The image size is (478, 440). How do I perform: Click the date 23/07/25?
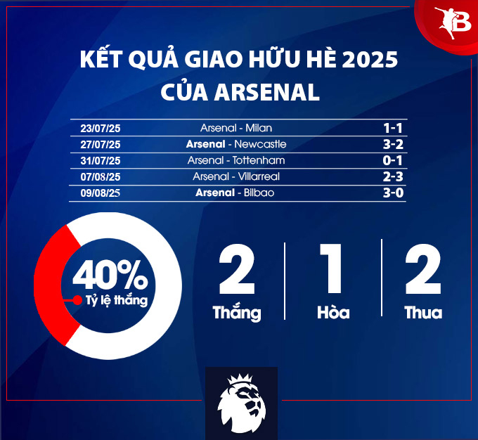(x=101, y=129)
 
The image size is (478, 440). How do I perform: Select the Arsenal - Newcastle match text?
(x=236, y=144)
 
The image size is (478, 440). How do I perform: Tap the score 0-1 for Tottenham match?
(x=393, y=160)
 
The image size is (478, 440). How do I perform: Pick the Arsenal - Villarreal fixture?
(x=236, y=176)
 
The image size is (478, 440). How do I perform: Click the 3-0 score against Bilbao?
(x=393, y=193)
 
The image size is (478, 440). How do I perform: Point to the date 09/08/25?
(x=101, y=193)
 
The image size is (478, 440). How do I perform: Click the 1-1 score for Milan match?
(x=393, y=128)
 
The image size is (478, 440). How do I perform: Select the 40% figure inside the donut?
(x=110, y=275)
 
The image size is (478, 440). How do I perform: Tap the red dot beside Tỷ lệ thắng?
(x=77, y=300)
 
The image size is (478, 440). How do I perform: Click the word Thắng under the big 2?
(x=237, y=313)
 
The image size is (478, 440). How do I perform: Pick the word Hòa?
(x=333, y=312)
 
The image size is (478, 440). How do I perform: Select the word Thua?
(x=423, y=313)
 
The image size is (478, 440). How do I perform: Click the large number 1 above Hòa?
(x=331, y=268)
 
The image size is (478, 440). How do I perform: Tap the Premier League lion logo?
(x=241, y=403)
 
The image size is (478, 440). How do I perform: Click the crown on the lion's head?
(x=240, y=380)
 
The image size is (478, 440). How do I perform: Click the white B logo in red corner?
(x=453, y=22)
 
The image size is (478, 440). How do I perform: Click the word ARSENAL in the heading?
(x=266, y=92)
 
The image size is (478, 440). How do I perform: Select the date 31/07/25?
(x=101, y=161)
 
